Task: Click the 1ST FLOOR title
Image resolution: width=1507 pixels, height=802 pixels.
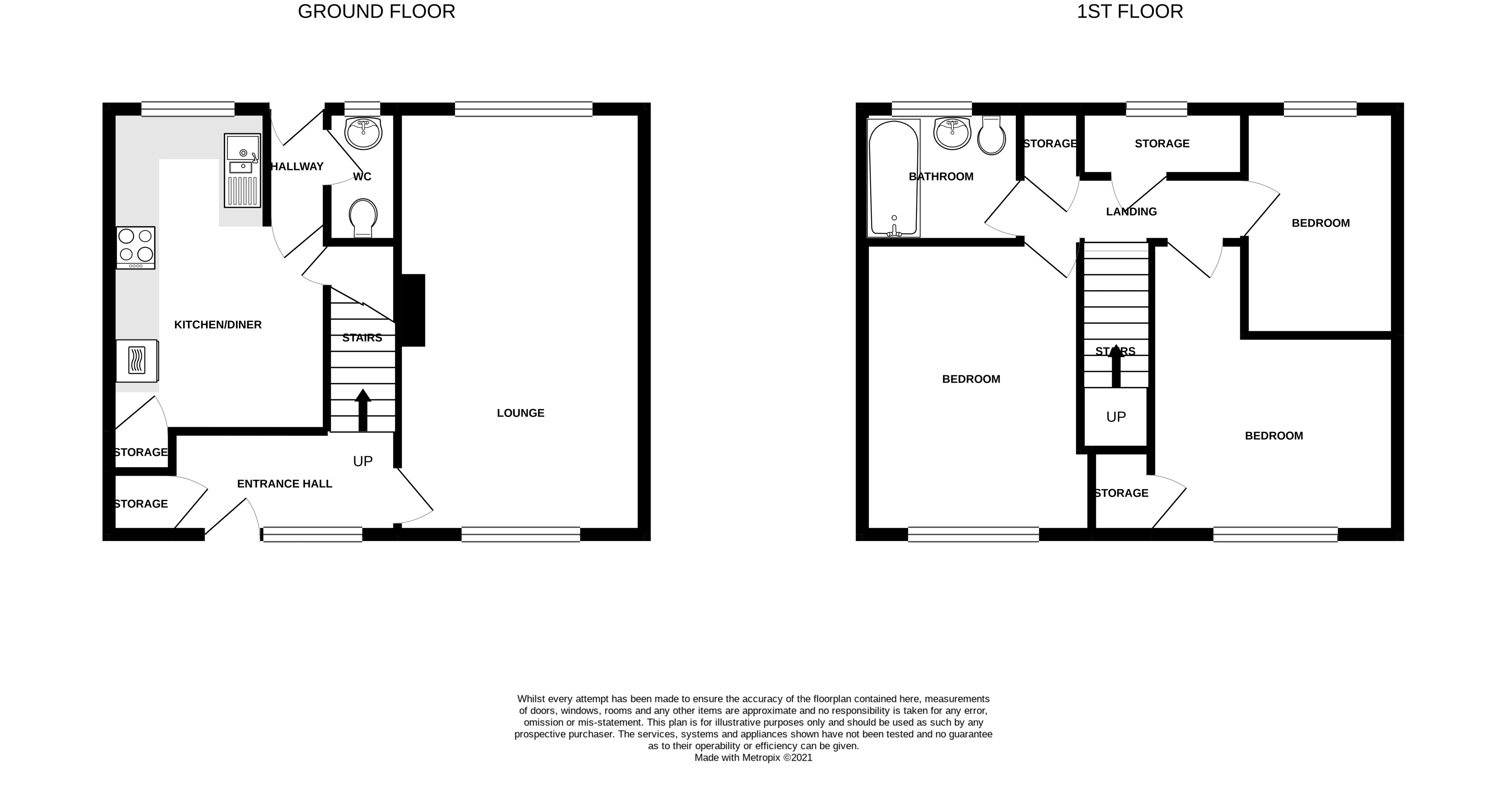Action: tap(1130, 12)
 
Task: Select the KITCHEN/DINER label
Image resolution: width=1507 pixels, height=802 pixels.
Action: tap(217, 325)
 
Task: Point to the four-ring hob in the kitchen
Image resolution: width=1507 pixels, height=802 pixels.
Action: tap(136, 248)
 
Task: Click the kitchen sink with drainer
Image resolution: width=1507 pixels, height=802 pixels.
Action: tap(242, 171)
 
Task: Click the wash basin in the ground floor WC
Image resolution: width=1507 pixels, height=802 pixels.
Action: tap(363, 133)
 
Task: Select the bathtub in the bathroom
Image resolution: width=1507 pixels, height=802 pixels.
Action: tap(894, 178)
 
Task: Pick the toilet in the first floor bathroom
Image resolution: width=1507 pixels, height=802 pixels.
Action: tap(992, 136)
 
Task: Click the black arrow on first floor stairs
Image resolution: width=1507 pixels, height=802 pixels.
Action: tap(1116, 366)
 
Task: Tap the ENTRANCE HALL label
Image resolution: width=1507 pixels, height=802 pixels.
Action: tap(284, 484)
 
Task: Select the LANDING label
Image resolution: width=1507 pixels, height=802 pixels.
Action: tap(1131, 212)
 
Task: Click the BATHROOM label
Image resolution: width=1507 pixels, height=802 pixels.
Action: tap(941, 176)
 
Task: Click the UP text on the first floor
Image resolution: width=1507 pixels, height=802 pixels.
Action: tap(1116, 417)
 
